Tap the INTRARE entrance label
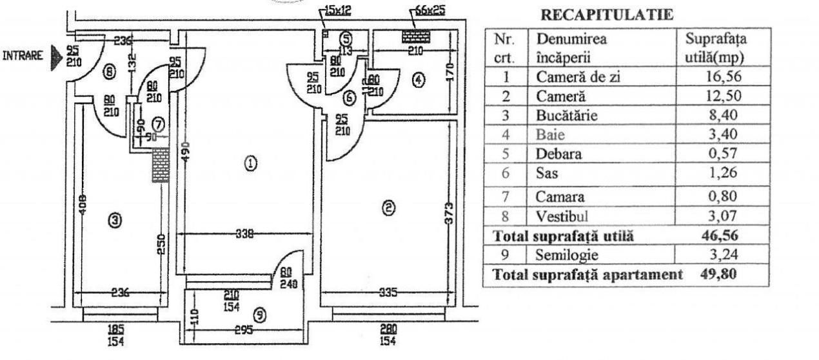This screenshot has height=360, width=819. point(23,55)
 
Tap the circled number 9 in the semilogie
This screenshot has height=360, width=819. point(259,315)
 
